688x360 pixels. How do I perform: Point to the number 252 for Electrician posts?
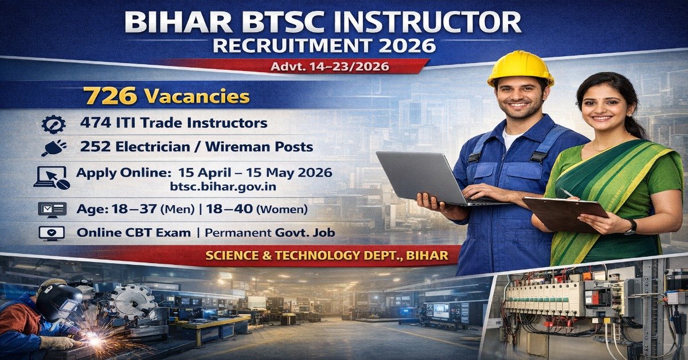pos(94,147)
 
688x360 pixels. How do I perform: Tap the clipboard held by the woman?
pos(565,212)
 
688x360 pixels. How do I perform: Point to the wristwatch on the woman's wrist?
pos(631,226)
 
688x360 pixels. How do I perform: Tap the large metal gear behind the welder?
pos(131,301)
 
